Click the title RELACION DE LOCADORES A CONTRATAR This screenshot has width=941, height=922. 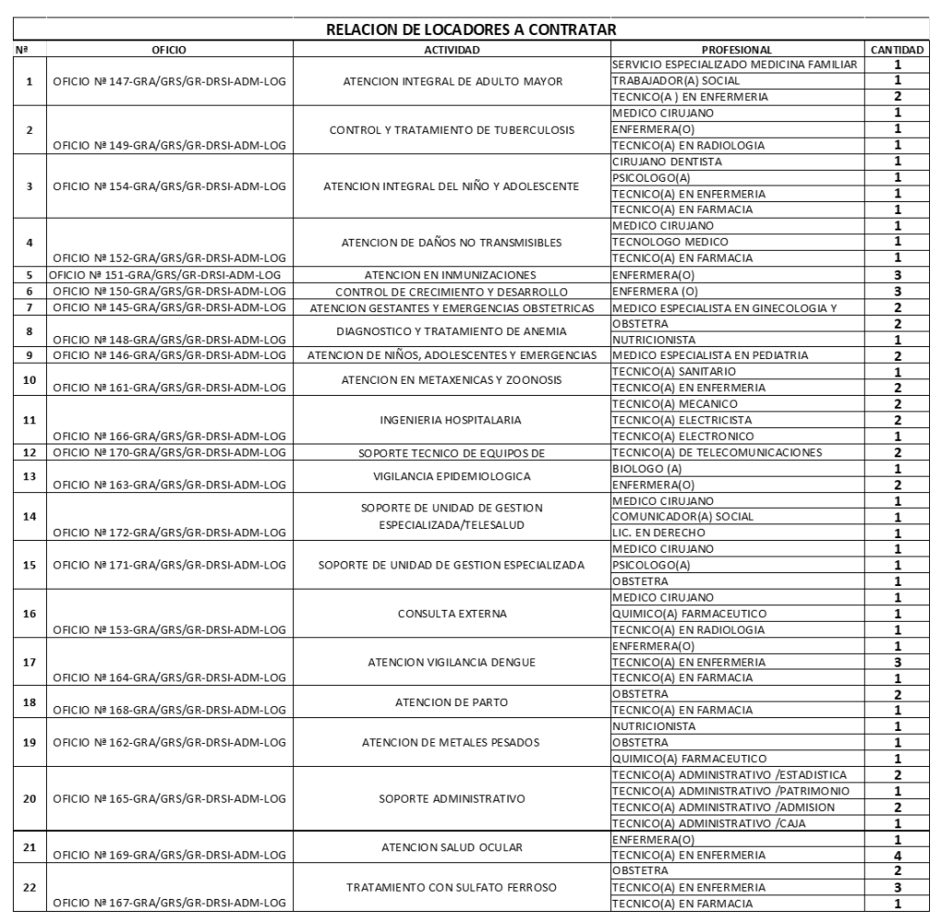pyautogui.click(x=470, y=30)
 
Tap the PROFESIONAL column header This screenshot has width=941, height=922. pyautogui.click(x=736, y=49)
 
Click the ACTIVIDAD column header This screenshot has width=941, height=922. pyautogui.click(x=453, y=49)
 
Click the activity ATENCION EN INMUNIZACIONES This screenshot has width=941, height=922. pyautogui.click(x=453, y=275)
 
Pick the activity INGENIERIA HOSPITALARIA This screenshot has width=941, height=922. pyautogui.click(x=453, y=420)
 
